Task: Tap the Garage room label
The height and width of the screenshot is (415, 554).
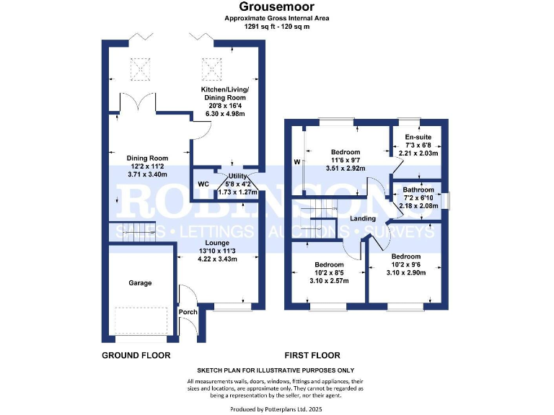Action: pyautogui.click(x=140, y=283)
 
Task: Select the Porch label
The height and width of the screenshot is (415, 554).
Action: pyautogui.click(x=188, y=312)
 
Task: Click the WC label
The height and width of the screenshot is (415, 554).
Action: pyautogui.click(x=203, y=184)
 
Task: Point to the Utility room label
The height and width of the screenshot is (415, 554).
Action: pyautogui.click(x=239, y=176)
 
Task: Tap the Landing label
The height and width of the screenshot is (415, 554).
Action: pyautogui.click(x=364, y=218)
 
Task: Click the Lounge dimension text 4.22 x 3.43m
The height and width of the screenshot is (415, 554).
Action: pyautogui.click(x=217, y=259)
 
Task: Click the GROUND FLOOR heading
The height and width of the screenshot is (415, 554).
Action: pyautogui.click(x=136, y=355)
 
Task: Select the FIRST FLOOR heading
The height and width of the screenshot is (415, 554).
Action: pyautogui.click(x=312, y=355)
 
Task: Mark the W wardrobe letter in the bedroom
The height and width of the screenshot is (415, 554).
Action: pyautogui.click(x=296, y=162)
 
